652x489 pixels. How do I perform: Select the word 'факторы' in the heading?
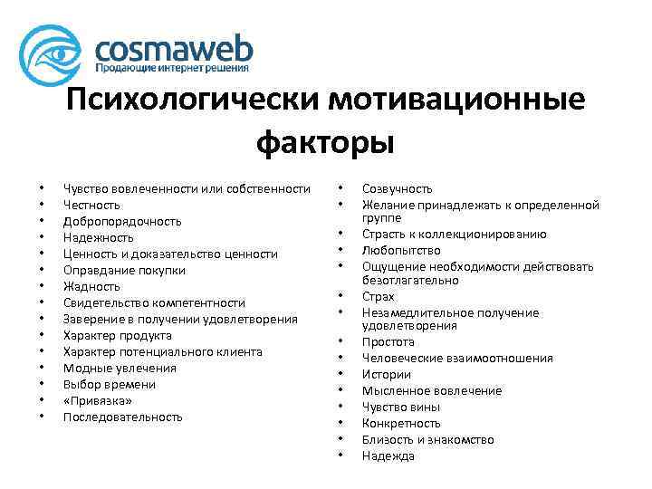tap(325, 141)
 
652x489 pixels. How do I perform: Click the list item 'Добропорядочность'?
tap(122, 221)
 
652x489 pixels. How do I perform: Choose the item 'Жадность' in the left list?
tap(91, 286)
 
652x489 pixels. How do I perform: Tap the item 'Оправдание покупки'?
tap(124, 270)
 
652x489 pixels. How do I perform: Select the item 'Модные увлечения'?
tap(120, 368)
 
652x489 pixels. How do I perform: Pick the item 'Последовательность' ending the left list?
tap(123, 417)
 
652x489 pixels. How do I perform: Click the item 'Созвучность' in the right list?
tap(397, 188)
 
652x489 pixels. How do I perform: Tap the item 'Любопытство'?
tap(401, 250)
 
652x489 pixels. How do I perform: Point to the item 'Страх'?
tap(378, 296)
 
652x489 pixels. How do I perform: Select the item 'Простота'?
tap(388, 342)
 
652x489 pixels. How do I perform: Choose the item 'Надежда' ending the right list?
tap(388, 455)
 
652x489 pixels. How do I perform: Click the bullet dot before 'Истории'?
tap(340, 374)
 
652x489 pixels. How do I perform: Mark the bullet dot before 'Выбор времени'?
tap(42, 384)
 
